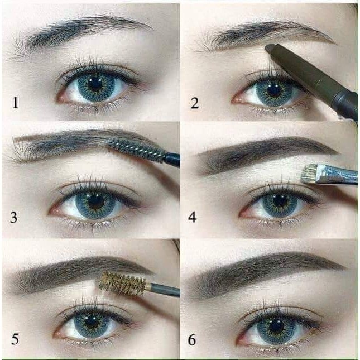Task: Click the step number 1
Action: (x=15, y=102)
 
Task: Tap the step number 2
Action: (x=195, y=103)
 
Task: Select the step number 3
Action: (x=13, y=218)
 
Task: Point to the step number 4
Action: (x=193, y=217)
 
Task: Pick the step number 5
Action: (x=15, y=339)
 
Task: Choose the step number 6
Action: (x=192, y=339)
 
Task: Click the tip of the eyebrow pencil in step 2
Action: (x=268, y=48)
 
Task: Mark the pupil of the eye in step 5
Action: (x=92, y=322)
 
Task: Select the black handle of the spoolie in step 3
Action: (x=172, y=159)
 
